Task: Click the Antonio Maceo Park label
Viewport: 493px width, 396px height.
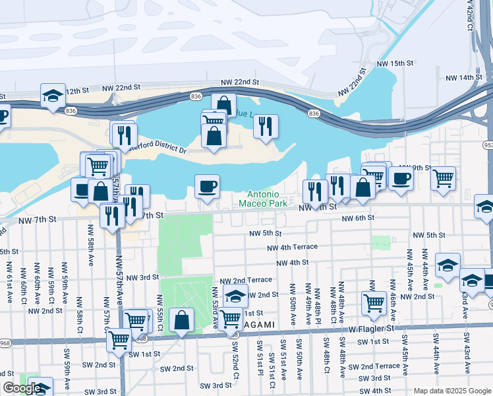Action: tap(268, 199)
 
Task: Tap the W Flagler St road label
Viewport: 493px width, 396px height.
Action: tap(371, 327)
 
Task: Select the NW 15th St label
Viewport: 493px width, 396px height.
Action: tap(394, 63)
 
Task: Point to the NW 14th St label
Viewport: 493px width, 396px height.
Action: tap(464, 78)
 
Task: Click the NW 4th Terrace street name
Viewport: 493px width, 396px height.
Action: tap(292, 247)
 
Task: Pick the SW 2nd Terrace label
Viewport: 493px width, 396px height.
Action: tap(374, 366)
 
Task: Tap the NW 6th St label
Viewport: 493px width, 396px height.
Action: tap(358, 218)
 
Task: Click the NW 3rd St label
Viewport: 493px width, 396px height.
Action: tap(142, 278)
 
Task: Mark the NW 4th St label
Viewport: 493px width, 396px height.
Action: tap(293, 262)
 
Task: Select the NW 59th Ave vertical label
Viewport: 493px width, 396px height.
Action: tap(65, 288)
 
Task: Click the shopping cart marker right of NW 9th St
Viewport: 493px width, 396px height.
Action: tap(443, 178)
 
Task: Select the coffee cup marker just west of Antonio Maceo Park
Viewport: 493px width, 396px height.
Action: tap(207, 186)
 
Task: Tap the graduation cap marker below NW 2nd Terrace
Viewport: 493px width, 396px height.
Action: tap(235, 296)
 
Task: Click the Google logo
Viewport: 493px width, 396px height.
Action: tap(22, 388)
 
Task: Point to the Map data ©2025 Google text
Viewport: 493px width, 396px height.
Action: tap(451, 391)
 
